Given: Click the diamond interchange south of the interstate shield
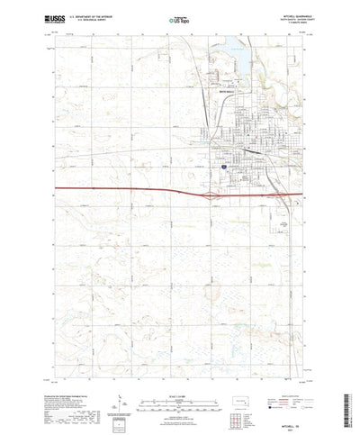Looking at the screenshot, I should (210, 193).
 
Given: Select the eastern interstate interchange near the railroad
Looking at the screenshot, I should (271, 193).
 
